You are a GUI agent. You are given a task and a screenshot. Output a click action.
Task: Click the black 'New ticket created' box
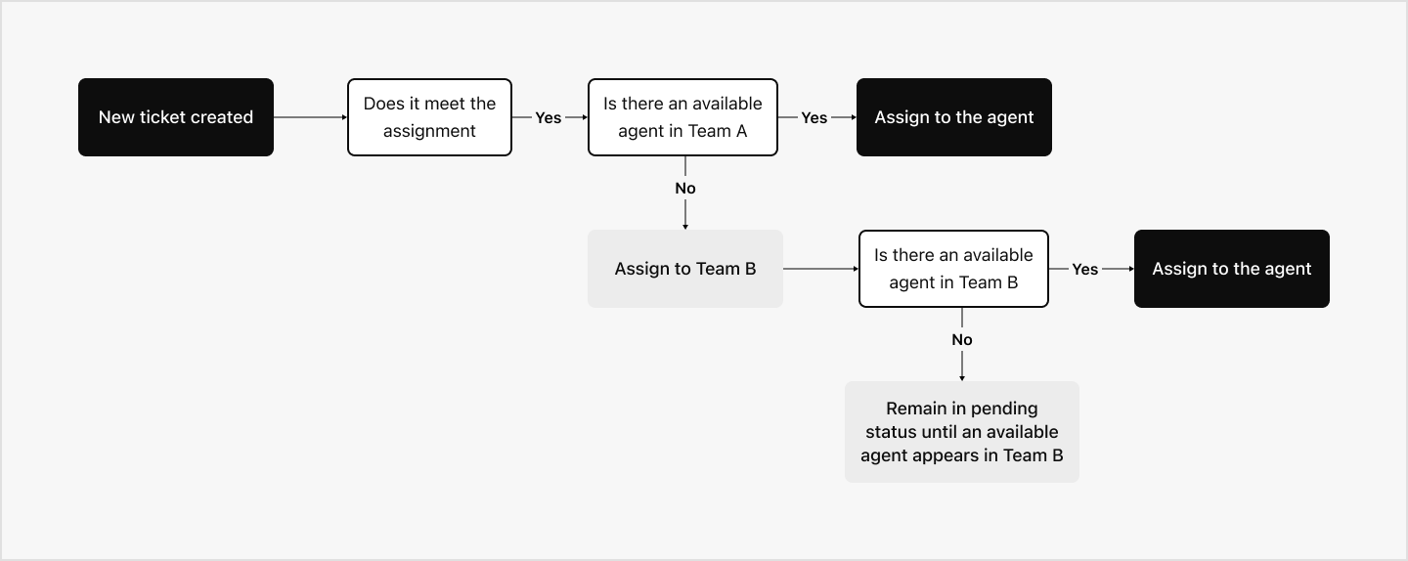point(176,117)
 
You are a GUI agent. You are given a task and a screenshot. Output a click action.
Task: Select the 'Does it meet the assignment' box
point(429,117)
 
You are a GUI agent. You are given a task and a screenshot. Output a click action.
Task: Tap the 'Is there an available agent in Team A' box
point(682,117)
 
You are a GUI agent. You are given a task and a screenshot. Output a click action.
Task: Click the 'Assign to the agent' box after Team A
point(953,117)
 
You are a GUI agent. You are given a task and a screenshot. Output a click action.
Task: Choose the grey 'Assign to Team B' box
point(684,269)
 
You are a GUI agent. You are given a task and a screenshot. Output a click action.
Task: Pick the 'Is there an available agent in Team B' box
point(953,269)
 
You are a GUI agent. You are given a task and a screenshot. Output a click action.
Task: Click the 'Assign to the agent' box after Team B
point(1231,269)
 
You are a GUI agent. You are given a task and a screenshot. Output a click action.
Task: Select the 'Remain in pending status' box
point(961,432)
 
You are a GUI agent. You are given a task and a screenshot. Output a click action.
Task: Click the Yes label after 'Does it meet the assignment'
point(549,117)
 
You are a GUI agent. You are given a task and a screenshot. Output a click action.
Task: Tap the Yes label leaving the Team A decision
point(814,117)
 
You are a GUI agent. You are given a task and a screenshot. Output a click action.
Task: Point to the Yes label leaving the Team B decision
point(1085,269)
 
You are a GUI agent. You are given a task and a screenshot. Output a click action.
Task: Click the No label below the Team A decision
point(685,188)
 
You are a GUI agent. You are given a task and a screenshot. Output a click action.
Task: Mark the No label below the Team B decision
point(962,339)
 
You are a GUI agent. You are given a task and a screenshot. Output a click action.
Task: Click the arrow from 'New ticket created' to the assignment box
point(310,117)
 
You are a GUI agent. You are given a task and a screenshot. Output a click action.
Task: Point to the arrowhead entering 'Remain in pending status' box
point(962,377)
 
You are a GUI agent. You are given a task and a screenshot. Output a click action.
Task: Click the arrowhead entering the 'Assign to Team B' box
point(685,226)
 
